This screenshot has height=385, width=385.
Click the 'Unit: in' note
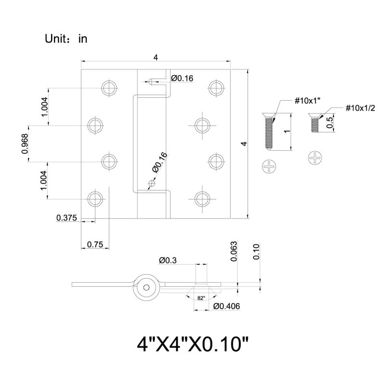66,39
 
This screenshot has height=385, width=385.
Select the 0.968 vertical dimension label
25,144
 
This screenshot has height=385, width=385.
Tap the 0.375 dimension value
67,218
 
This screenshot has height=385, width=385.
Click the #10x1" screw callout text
308,101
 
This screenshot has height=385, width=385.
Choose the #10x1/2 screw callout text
360,107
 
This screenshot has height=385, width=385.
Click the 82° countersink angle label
201,298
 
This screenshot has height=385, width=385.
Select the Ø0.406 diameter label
227,306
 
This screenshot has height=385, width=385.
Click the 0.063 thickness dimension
234,252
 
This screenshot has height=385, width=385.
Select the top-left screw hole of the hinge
109,88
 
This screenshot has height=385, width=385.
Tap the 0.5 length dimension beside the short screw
330,123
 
